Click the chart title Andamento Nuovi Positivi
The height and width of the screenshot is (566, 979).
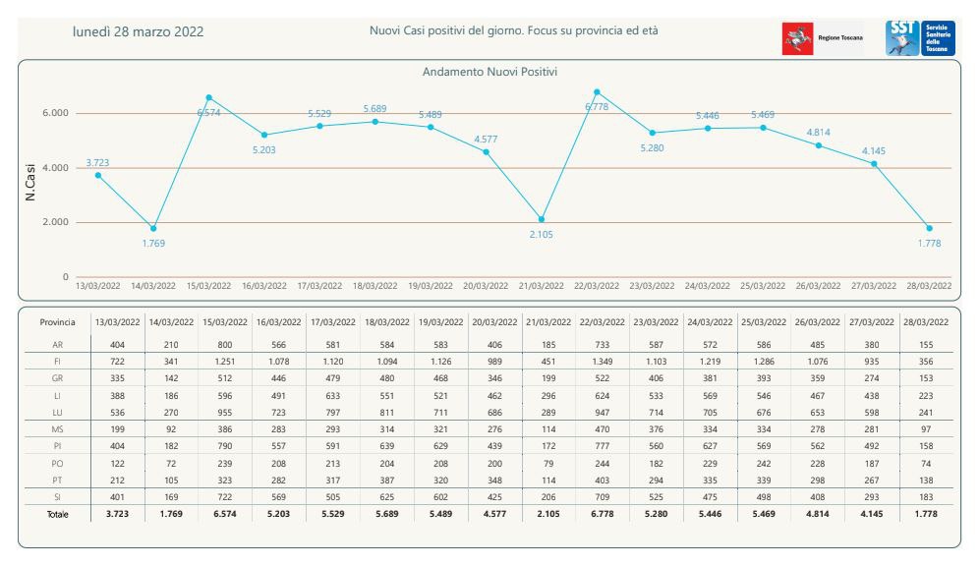489,73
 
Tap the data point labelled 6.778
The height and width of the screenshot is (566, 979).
598,91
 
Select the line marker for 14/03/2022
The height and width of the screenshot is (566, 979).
153,228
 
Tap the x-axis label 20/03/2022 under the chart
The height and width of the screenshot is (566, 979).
485,285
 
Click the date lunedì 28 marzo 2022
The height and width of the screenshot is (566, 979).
139,31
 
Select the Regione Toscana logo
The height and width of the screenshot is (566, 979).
823,37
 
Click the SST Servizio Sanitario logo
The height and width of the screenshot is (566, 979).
920,37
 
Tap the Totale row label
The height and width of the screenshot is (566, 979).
57,515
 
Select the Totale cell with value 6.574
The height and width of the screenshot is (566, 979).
224,515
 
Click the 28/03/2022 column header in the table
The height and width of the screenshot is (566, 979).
926,322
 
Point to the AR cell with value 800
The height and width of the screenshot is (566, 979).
224,345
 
